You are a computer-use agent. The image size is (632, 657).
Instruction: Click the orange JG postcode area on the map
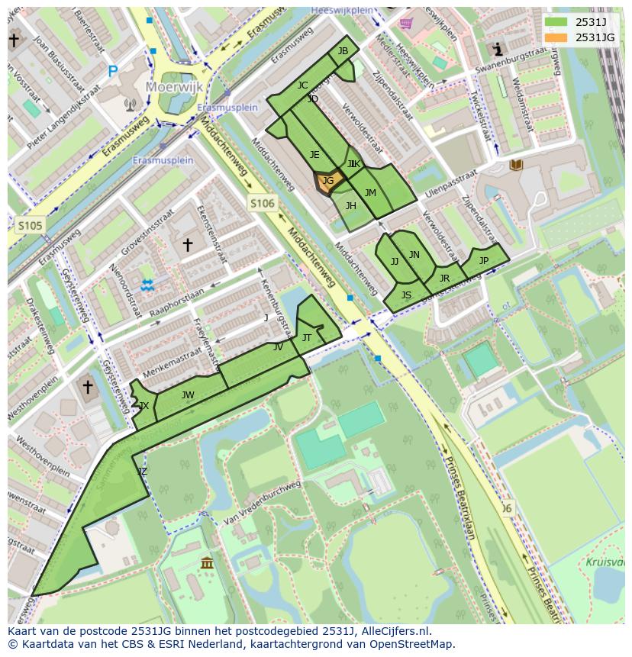(x=327, y=182)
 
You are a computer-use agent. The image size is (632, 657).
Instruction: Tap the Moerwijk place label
(x=176, y=87)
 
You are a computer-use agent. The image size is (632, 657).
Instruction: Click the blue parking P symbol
(x=112, y=72)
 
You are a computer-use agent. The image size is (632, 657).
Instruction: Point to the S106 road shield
(x=261, y=202)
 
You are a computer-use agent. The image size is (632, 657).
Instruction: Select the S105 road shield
(x=31, y=225)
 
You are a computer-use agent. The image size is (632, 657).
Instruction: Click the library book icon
(x=517, y=165)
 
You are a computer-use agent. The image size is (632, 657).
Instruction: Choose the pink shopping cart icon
(x=406, y=23)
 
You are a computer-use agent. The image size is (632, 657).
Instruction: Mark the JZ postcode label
(x=141, y=472)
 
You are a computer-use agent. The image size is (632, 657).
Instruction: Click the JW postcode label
(x=188, y=395)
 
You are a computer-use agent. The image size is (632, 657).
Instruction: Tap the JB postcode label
(x=343, y=51)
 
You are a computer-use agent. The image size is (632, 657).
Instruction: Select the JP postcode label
(x=483, y=260)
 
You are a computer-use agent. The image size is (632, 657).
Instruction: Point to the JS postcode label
(x=406, y=295)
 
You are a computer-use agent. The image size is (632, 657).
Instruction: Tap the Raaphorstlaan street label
(x=177, y=303)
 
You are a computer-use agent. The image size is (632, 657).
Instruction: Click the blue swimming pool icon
(x=147, y=285)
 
